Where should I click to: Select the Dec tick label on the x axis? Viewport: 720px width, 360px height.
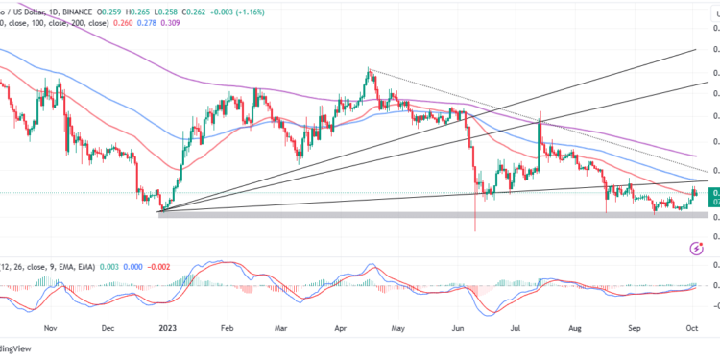point(108,327)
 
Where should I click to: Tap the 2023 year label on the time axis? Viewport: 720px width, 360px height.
point(168,327)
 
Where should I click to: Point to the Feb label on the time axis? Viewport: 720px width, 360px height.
point(228,327)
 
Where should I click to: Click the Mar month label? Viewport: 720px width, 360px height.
point(281,327)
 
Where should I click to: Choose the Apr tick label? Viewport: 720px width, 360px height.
point(342,327)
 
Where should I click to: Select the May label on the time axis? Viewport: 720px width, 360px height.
point(399,327)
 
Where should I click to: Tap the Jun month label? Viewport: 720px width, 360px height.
point(460,327)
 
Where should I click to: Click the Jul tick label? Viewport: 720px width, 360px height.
point(517,327)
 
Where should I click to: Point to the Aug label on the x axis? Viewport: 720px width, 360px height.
point(577,327)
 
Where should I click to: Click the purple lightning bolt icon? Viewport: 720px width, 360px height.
point(698,249)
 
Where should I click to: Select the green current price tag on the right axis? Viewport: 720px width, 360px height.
point(713,198)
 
